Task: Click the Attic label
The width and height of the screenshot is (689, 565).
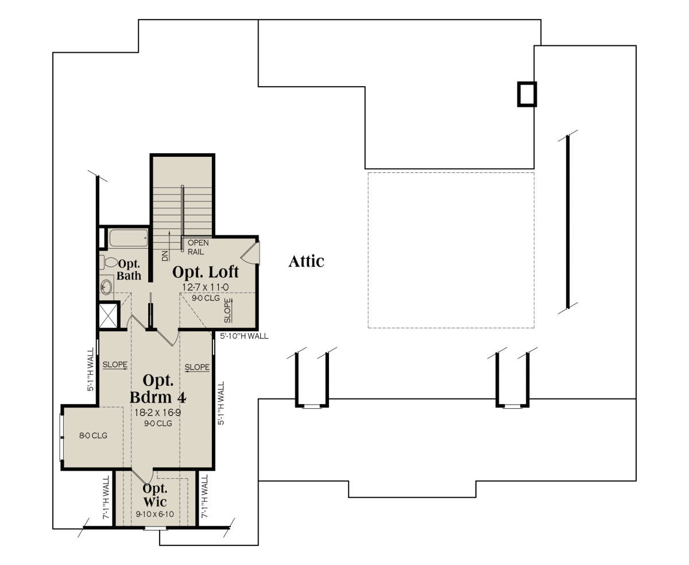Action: (306, 261)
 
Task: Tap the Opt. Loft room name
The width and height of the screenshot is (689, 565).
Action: (206, 272)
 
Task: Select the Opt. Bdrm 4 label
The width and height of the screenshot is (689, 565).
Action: (158, 389)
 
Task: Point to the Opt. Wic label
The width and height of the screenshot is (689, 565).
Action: (155, 495)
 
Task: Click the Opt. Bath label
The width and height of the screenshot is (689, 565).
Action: (129, 270)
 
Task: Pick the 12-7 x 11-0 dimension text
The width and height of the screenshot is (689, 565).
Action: (206, 287)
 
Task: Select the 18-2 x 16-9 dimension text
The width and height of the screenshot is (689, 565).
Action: (158, 412)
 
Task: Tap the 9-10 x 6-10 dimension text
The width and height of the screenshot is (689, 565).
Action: (155, 514)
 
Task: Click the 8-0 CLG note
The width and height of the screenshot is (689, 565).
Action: (93, 436)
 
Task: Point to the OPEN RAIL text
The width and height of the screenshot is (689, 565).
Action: (198, 247)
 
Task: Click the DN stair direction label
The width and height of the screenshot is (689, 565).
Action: (165, 256)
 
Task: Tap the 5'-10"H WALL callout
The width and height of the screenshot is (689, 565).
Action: (244, 336)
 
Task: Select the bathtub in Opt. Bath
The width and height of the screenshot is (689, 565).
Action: (129, 238)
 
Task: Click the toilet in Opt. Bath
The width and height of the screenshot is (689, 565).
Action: (109, 262)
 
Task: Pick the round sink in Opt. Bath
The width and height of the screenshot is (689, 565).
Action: (106, 288)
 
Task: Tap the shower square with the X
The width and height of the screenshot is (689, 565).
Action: (108, 316)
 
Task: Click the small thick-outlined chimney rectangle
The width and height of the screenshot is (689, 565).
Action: (527, 94)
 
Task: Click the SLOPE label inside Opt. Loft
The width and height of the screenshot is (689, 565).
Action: (228, 311)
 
